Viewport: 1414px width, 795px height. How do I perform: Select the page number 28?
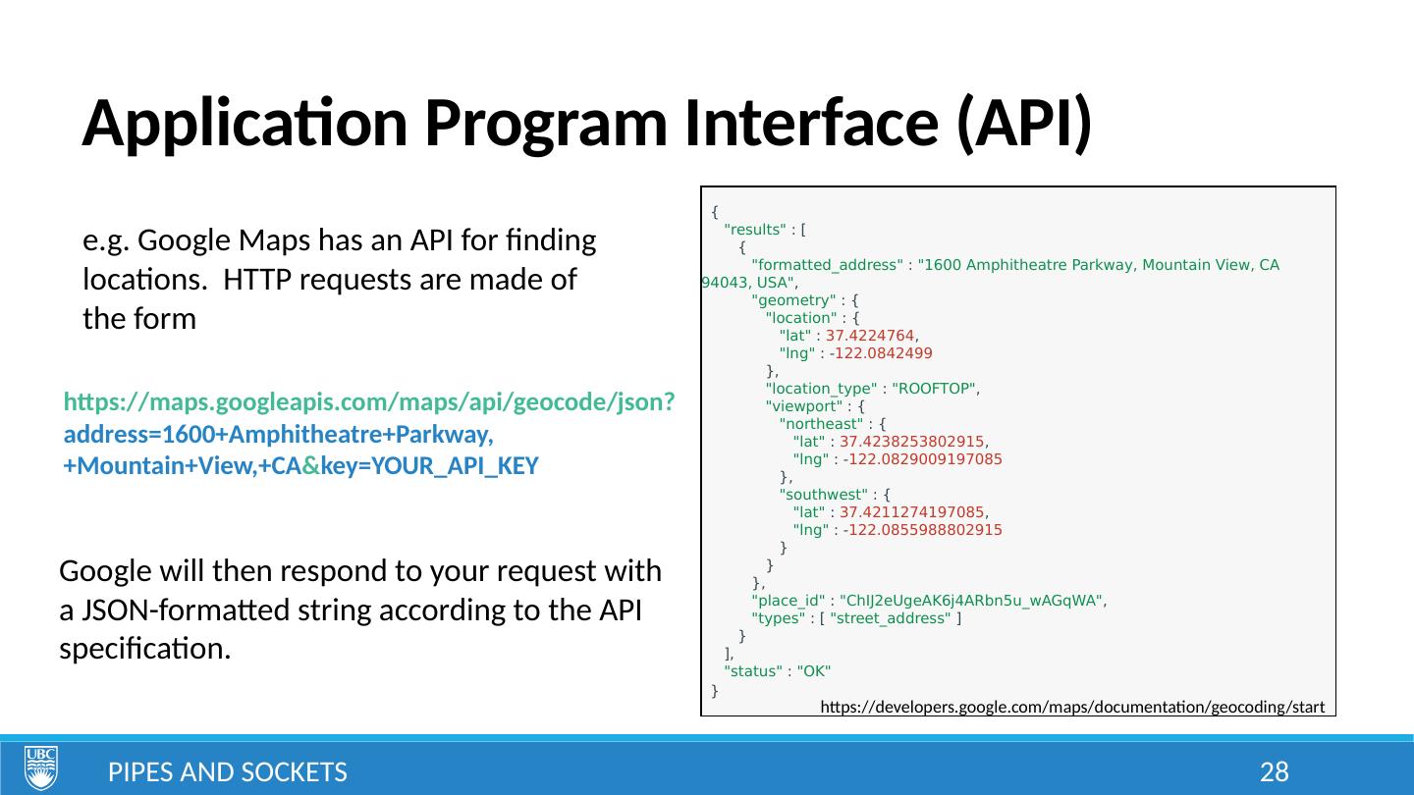point(1274,772)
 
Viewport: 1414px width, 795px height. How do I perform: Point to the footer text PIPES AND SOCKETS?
point(227,772)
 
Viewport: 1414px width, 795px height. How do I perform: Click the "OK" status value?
point(814,671)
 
